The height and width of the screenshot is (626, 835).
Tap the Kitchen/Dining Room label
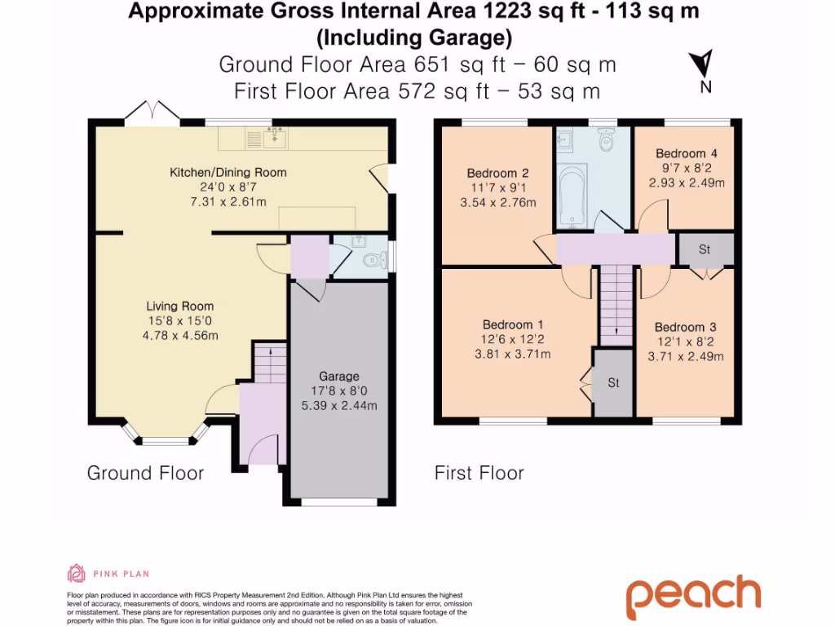click(x=228, y=172)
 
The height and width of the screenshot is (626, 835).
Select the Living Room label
click(x=179, y=306)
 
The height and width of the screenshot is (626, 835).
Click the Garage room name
click(x=339, y=376)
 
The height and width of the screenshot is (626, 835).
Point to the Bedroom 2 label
click(x=497, y=173)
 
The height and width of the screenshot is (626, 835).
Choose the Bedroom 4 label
click(x=686, y=153)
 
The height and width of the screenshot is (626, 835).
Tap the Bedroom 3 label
click(x=685, y=327)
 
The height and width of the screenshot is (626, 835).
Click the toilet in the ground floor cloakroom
click(x=372, y=262)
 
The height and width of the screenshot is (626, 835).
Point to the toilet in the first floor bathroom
click(x=605, y=143)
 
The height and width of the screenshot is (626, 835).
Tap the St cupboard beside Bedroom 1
click(x=613, y=382)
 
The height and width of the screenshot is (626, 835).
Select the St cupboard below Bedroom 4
click(x=705, y=249)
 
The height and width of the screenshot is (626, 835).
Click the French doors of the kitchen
click(x=152, y=114)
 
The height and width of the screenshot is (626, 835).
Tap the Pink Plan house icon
click(x=76, y=573)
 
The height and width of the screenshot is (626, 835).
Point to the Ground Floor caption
click(x=145, y=473)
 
